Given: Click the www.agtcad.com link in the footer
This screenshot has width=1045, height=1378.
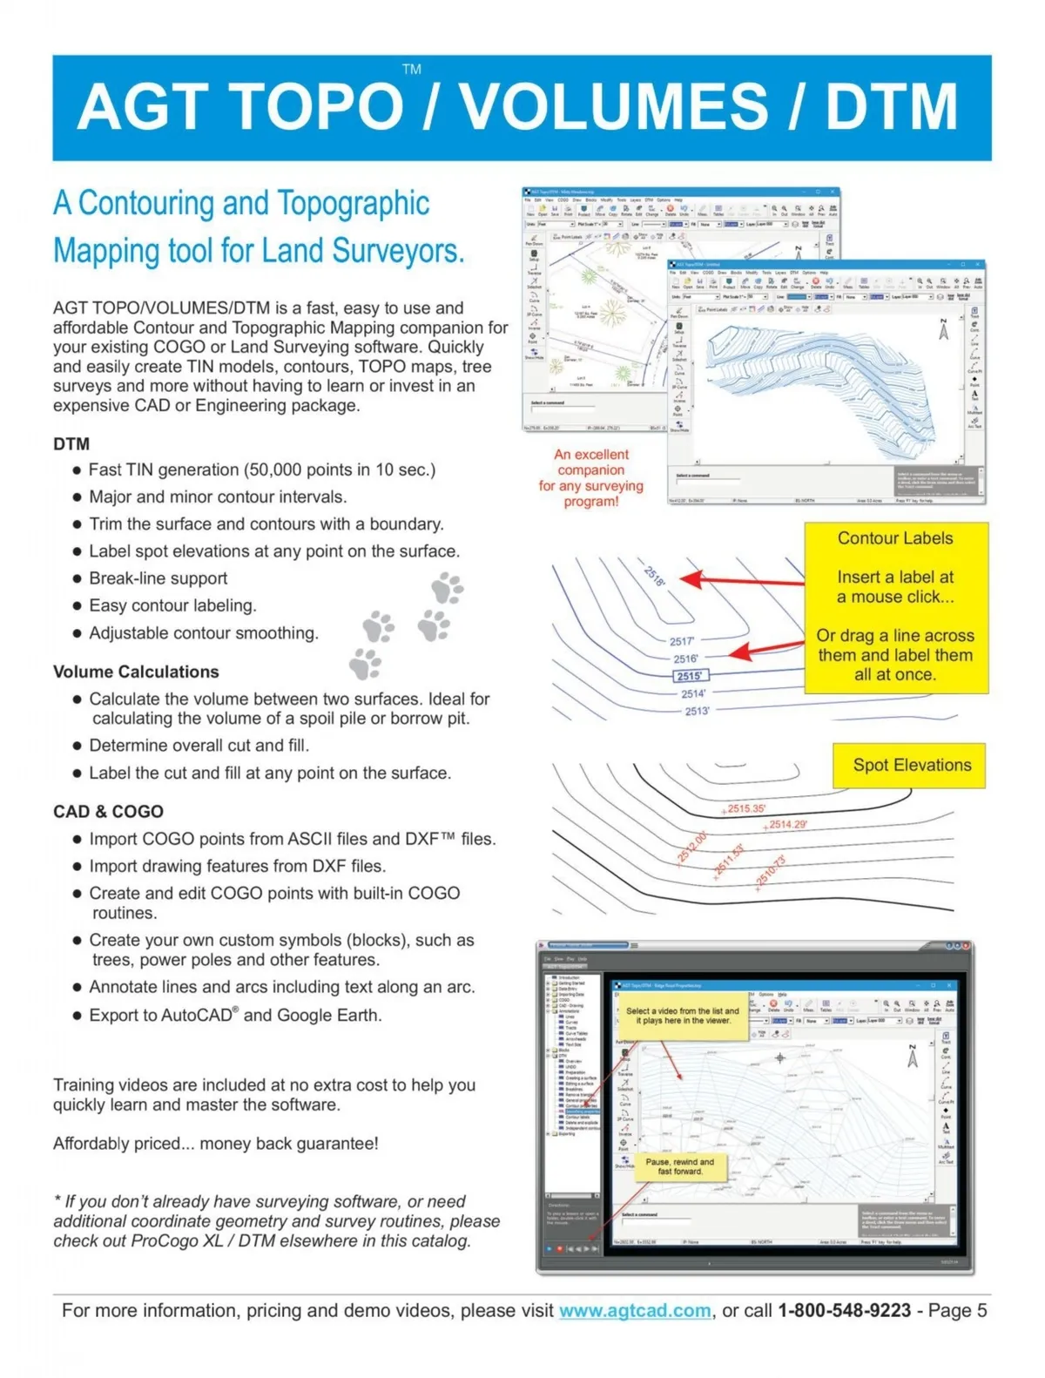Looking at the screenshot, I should tap(635, 1310).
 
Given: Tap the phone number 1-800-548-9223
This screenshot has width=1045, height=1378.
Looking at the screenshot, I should tap(844, 1310).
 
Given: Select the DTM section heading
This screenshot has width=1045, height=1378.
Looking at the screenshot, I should tap(71, 444).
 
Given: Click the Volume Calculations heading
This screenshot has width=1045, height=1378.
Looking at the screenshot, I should tap(136, 672).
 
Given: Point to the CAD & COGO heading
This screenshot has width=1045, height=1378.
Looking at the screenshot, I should tap(108, 811).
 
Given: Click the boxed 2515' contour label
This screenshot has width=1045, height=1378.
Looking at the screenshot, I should tap(691, 676).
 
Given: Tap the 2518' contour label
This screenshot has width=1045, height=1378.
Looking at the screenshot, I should tap(655, 576).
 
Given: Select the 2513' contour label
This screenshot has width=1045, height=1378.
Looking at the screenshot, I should tap(697, 711).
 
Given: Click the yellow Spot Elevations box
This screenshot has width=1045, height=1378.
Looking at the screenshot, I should tap(909, 766).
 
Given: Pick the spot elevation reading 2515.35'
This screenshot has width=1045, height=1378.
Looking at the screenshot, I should tap(745, 808).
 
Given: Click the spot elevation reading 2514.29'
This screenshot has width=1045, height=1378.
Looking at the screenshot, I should tap(787, 824).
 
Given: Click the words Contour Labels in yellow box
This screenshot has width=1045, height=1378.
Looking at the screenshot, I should tap(895, 538).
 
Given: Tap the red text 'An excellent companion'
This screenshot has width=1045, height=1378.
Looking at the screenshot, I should tap(591, 462).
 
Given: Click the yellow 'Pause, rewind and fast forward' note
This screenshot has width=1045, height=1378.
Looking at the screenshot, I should tap(679, 1166).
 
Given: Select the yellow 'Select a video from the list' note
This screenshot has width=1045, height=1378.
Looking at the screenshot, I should tap(682, 1016).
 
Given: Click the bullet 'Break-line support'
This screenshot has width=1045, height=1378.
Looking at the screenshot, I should tap(158, 578).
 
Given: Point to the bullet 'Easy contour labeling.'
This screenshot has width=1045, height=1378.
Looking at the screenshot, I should tap(172, 605).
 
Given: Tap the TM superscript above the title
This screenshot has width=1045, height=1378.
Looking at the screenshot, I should tap(412, 69).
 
